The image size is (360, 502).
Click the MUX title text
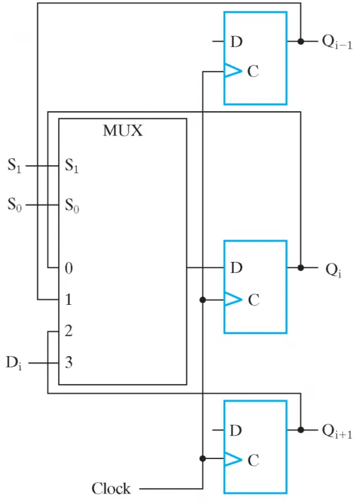click(x=123, y=131)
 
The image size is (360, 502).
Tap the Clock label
click(x=111, y=488)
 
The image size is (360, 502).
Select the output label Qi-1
click(x=337, y=42)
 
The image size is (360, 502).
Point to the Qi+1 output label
click(x=337, y=431)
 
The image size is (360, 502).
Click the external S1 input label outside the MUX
click(x=14, y=166)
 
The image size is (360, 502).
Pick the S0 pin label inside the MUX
click(x=72, y=205)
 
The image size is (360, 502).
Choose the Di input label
click(x=14, y=364)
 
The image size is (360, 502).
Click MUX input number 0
click(x=69, y=267)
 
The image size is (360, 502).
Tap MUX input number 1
click(x=68, y=299)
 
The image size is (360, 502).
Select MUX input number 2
click(x=68, y=331)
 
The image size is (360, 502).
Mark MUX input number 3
click(x=68, y=362)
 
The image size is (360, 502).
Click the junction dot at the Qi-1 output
click(x=301, y=42)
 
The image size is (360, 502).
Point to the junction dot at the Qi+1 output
click(x=301, y=430)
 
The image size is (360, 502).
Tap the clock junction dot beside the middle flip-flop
click(x=202, y=299)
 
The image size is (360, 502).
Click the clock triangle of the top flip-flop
click(x=233, y=71)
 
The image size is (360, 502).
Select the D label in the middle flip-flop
click(x=237, y=267)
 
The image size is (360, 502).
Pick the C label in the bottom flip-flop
click(x=253, y=460)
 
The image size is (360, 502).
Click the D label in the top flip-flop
click(x=237, y=42)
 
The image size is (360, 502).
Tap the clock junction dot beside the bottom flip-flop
click(x=202, y=458)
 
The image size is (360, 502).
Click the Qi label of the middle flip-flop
click(x=333, y=271)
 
